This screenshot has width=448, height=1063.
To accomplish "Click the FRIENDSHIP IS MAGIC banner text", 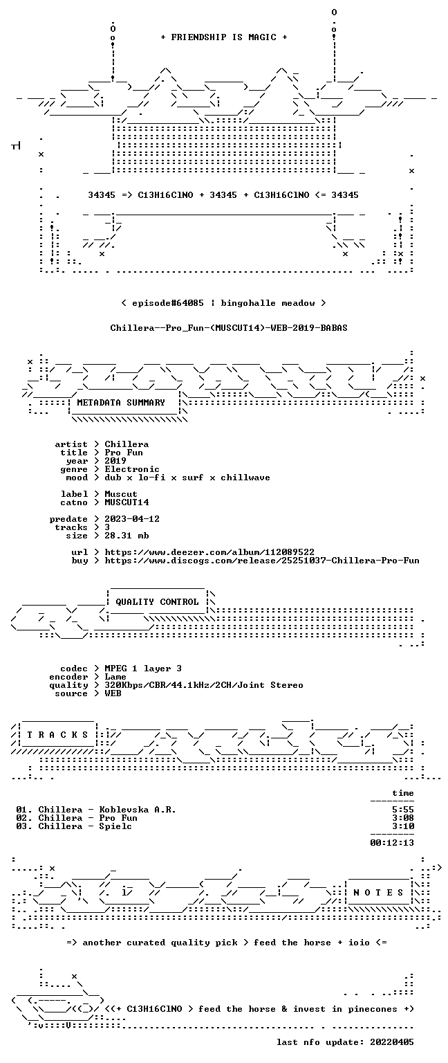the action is pyautogui.click(x=224, y=37).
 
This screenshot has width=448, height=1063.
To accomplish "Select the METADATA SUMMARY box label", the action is pyautogui.click(x=121, y=402).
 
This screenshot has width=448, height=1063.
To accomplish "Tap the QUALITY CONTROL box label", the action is pyautogui.click(x=157, y=601).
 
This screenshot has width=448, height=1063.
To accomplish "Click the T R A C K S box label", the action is pyautogui.click(x=58, y=734).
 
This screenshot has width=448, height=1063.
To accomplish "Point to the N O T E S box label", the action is pyautogui.click(x=378, y=893).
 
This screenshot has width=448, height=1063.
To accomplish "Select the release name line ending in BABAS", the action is pyautogui.click(x=229, y=328).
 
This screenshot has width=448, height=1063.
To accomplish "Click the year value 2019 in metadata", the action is pyautogui.click(x=115, y=461).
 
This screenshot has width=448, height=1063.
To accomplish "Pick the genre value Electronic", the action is pyautogui.click(x=132, y=469).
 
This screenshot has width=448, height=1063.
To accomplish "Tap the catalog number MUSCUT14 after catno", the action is pyautogui.click(x=127, y=502).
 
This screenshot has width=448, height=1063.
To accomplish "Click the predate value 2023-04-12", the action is pyautogui.click(x=132, y=518).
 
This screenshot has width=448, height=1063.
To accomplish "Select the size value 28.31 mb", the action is pyautogui.click(x=127, y=535).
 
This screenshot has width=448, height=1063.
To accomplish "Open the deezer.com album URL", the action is pyautogui.click(x=209, y=552).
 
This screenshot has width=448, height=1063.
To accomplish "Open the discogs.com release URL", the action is pyautogui.click(x=262, y=561).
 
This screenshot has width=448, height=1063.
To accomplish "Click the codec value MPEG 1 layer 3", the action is pyautogui.click(x=143, y=668).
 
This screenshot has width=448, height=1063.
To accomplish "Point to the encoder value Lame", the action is pyautogui.click(x=115, y=677).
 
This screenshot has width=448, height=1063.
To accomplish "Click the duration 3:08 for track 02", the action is pyautogui.click(x=403, y=817).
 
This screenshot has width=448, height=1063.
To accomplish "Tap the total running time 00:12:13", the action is pyautogui.click(x=392, y=843).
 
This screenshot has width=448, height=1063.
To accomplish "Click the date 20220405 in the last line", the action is pyautogui.click(x=392, y=1042).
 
